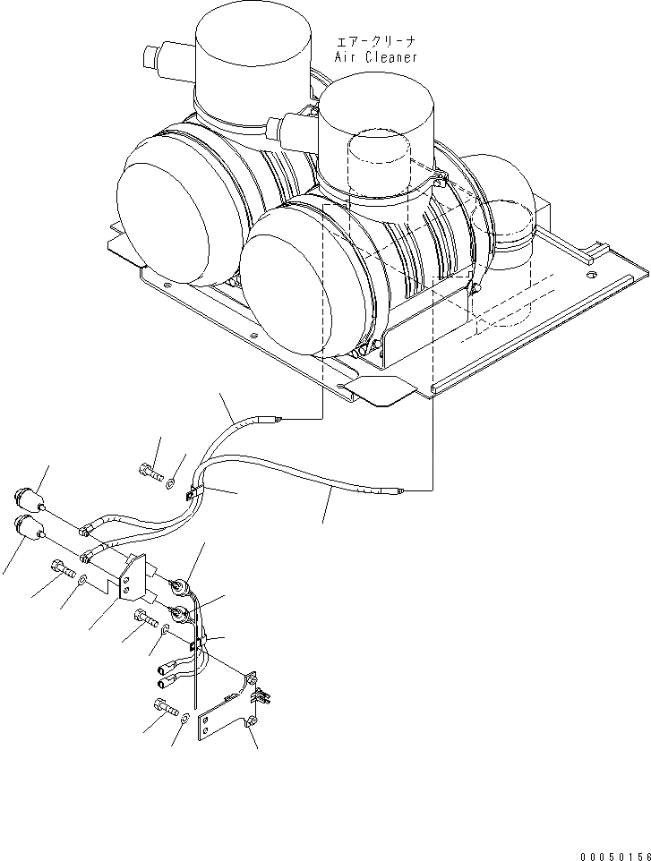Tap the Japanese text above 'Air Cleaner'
[x=376, y=41]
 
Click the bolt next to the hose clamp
[x=151, y=471]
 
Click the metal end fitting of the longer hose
[x=391, y=490]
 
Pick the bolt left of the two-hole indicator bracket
[x=60, y=568]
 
